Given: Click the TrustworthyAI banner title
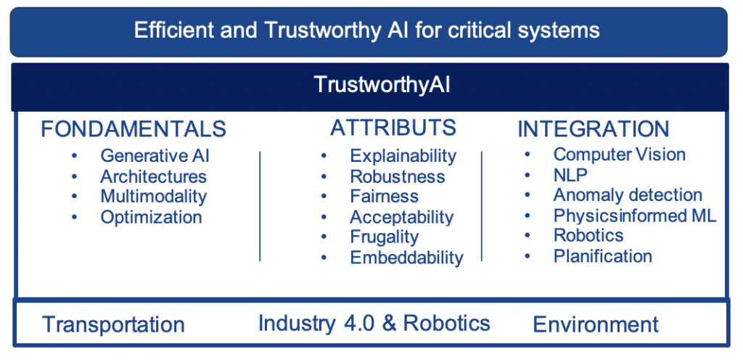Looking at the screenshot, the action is [382, 85].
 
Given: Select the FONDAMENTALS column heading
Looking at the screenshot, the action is [134, 129].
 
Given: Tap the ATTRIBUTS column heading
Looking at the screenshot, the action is [393, 128].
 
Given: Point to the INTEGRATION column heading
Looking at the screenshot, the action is [594, 129].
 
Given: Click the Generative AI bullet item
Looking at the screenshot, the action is [155, 155].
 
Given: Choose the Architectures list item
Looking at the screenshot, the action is [154, 176].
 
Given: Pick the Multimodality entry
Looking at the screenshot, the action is [154, 197].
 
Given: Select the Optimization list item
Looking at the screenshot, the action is [151, 217].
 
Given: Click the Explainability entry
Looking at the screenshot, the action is [403, 156].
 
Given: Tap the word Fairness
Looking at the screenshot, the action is [385, 196].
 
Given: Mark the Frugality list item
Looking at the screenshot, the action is [385, 237].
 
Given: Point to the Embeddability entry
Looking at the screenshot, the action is [406, 258].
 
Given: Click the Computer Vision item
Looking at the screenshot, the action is [620, 155].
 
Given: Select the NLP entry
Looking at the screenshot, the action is [570, 175].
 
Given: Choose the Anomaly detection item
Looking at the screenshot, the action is [628, 195].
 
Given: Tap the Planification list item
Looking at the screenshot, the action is [603, 256].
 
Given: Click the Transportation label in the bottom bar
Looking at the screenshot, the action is [113, 325].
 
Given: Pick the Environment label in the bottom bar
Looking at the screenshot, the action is [596, 324].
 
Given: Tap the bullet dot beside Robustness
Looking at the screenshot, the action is [324, 176].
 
